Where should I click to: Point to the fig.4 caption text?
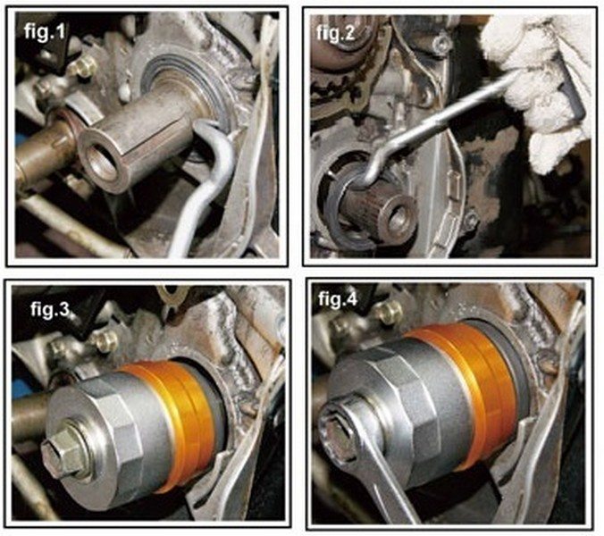tap(338, 299)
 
